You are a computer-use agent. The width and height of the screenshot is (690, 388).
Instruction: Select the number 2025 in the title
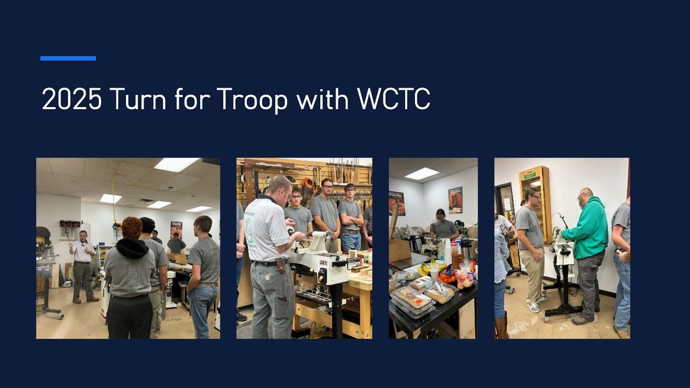(x=71, y=100)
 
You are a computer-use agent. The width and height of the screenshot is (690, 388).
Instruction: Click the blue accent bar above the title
(x=68, y=59)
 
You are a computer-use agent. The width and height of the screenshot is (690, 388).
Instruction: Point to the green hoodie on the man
(x=588, y=229)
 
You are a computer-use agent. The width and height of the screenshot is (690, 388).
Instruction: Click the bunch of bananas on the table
(x=424, y=269)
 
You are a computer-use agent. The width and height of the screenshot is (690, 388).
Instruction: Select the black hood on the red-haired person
(x=131, y=247)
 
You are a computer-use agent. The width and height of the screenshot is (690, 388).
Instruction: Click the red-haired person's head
(x=131, y=227)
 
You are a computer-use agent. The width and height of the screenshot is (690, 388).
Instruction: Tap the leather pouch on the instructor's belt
(x=280, y=265)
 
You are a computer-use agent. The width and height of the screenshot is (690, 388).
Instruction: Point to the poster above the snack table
(x=456, y=199)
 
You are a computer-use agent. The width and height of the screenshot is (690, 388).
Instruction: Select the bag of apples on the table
(x=465, y=279)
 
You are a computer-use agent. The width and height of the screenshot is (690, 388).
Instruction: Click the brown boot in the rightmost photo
(x=501, y=326)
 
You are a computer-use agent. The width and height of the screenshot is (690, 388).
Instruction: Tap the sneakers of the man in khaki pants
(x=535, y=305)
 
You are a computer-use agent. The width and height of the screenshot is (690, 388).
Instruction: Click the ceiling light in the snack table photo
(x=422, y=173)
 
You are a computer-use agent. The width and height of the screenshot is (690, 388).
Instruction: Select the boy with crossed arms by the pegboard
(x=350, y=216)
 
